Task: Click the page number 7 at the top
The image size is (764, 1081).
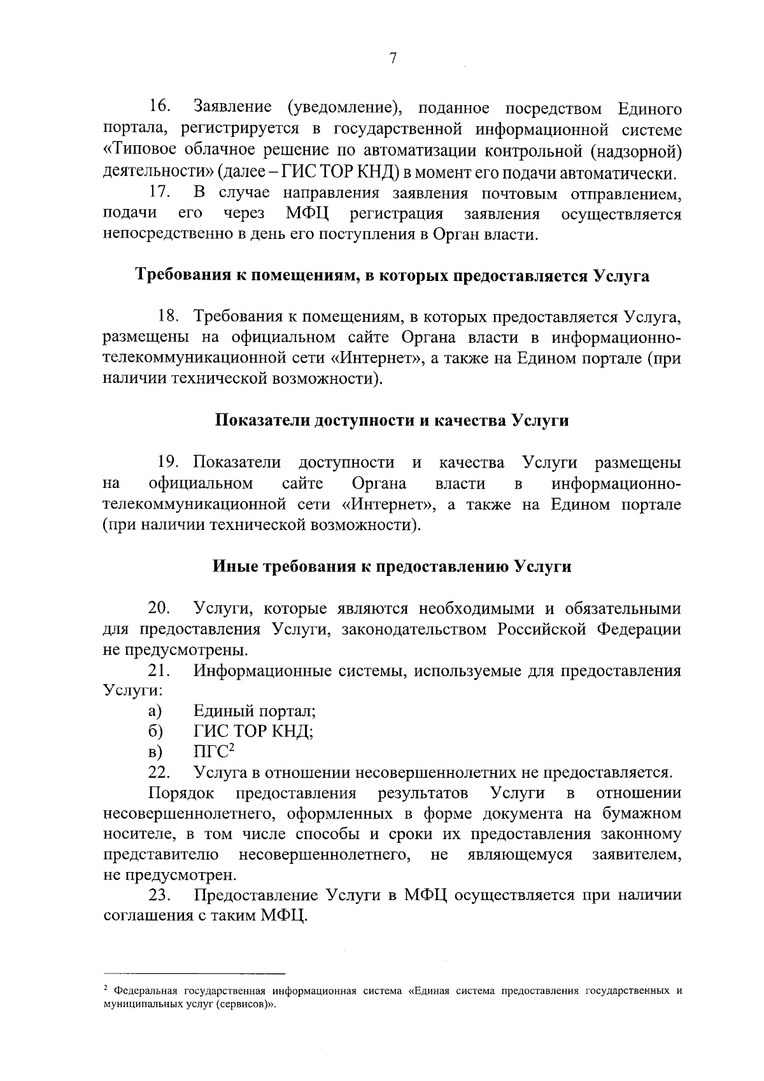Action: [x=393, y=59]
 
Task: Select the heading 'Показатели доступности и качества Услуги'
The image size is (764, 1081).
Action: [x=391, y=421]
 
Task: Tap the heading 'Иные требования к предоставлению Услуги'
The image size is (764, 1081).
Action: [x=391, y=566]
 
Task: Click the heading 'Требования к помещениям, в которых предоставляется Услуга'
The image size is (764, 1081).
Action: [x=392, y=276]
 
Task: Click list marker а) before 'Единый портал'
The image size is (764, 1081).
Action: [x=155, y=711]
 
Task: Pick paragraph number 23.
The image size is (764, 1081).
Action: [x=159, y=896]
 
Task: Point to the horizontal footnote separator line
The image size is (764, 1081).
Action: [x=194, y=974]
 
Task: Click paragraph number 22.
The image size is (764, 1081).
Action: [x=159, y=773]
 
